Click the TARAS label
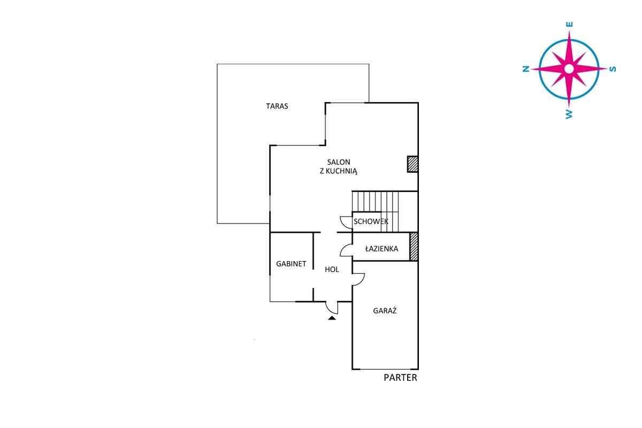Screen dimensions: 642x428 click(277, 106)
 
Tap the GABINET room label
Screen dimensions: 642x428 click(291, 264)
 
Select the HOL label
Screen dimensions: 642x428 click(332, 270)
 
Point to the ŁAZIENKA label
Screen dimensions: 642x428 click(381, 249)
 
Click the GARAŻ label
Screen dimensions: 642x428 click(385, 310)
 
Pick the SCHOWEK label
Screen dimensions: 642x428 click(371, 221)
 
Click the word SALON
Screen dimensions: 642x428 click(339, 162)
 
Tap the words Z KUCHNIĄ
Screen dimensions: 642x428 click(339, 171)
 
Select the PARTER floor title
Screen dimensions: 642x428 click(400, 378)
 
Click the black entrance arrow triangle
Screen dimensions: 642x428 click(332, 318)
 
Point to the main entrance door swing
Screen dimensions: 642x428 click(332, 308)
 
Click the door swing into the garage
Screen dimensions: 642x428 click(358, 279)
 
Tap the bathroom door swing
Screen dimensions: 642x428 click(346, 250)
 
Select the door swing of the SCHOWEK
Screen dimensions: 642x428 click(346, 223)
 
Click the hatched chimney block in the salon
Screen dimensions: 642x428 click(412, 164)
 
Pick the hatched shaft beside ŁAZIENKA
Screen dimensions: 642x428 click(414, 247)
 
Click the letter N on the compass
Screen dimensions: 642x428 click(525, 69)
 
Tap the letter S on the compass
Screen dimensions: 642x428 click(613, 69)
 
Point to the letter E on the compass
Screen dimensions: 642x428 click(569, 25)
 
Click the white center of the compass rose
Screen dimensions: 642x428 click(569, 69)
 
